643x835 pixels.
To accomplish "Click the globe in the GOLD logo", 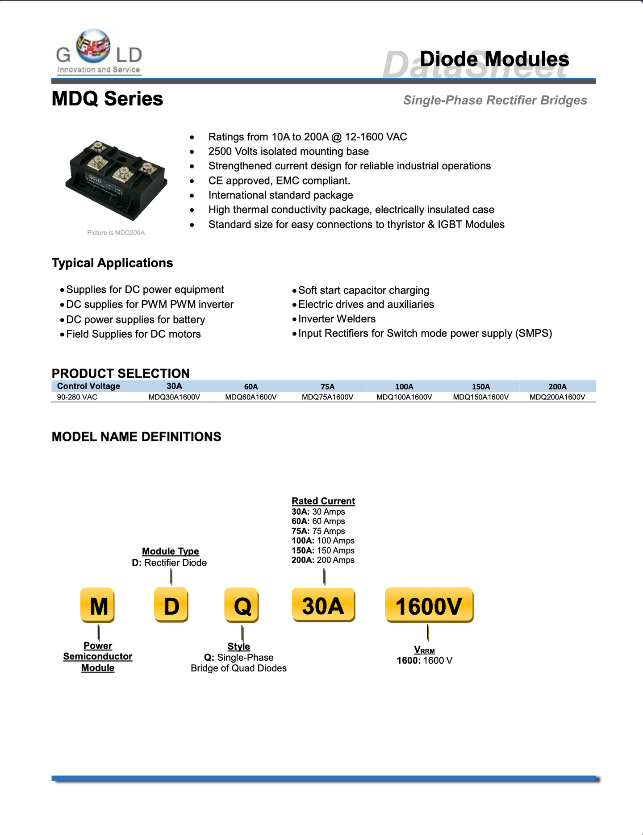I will [x=93, y=46].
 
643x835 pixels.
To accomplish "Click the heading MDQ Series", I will [x=107, y=99].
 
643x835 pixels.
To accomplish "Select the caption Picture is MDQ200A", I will [x=116, y=233].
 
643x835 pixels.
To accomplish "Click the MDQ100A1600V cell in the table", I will [x=404, y=397].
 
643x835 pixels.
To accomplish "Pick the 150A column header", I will [x=481, y=386].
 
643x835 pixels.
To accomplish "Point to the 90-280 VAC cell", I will [x=77, y=397].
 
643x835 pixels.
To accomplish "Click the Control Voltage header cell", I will [x=88, y=386].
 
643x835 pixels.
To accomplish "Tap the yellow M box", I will [x=98, y=605].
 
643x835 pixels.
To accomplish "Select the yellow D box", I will [x=171, y=605].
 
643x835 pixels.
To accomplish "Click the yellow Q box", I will [x=242, y=605].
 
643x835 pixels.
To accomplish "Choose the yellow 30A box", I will [x=323, y=605].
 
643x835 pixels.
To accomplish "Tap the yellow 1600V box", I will [x=429, y=605].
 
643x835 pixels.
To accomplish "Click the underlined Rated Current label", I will [x=323, y=501].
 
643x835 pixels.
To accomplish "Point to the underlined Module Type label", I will [x=170, y=551].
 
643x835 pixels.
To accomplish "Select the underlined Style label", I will [x=238, y=646].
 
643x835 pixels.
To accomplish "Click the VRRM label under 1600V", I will [x=424, y=650].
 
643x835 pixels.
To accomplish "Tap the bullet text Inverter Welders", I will [x=337, y=319].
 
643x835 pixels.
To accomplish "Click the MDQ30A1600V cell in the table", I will [x=174, y=397].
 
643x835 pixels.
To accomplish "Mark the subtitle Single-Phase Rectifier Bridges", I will [x=495, y=100].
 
